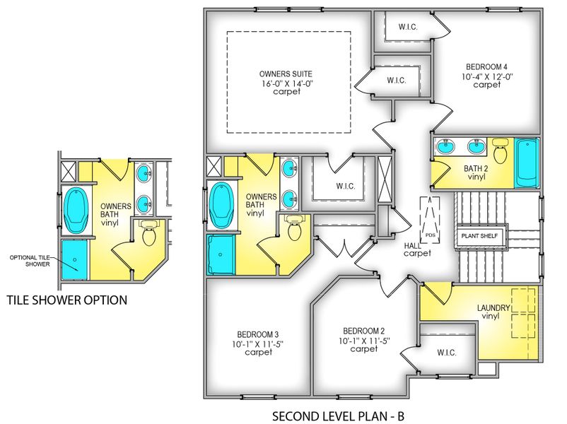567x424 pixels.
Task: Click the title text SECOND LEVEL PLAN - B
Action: tap(337, 416)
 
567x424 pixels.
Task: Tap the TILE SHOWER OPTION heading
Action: tap(67, 300)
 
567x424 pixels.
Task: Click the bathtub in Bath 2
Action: tap(527, 163)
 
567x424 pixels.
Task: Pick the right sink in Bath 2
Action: tap(475, 148)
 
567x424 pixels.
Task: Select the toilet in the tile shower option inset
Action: tap(148, 234)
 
